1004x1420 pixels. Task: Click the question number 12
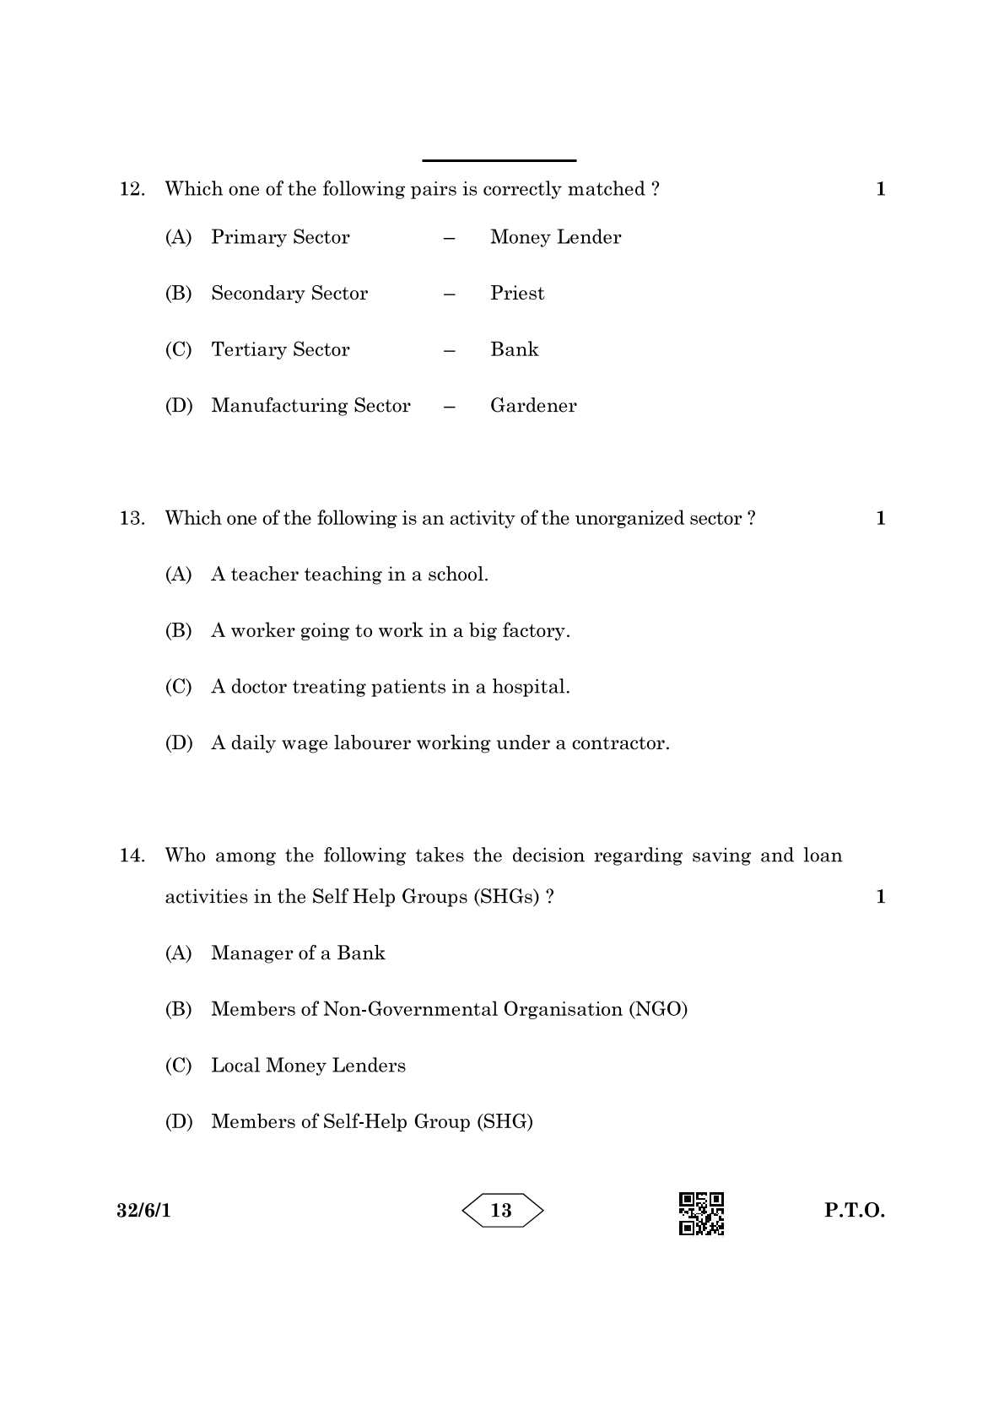tap(131, 189)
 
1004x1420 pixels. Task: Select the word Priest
tap(516, 294)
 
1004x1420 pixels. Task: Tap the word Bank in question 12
tap(514, 350)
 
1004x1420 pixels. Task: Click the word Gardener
tap(533, 406)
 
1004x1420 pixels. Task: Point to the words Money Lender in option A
tap(555, 238)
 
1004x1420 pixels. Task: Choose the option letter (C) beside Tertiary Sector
tap(178, 350)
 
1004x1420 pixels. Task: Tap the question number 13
tap(131, 518)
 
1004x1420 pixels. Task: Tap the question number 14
tap(131, 856)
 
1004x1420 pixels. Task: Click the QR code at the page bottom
tap(701, 1213)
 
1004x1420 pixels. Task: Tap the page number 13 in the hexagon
tap(501, 1211)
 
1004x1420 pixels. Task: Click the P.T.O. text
tap(854, 1211)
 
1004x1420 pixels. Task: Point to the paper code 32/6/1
tap(144, 1211)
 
